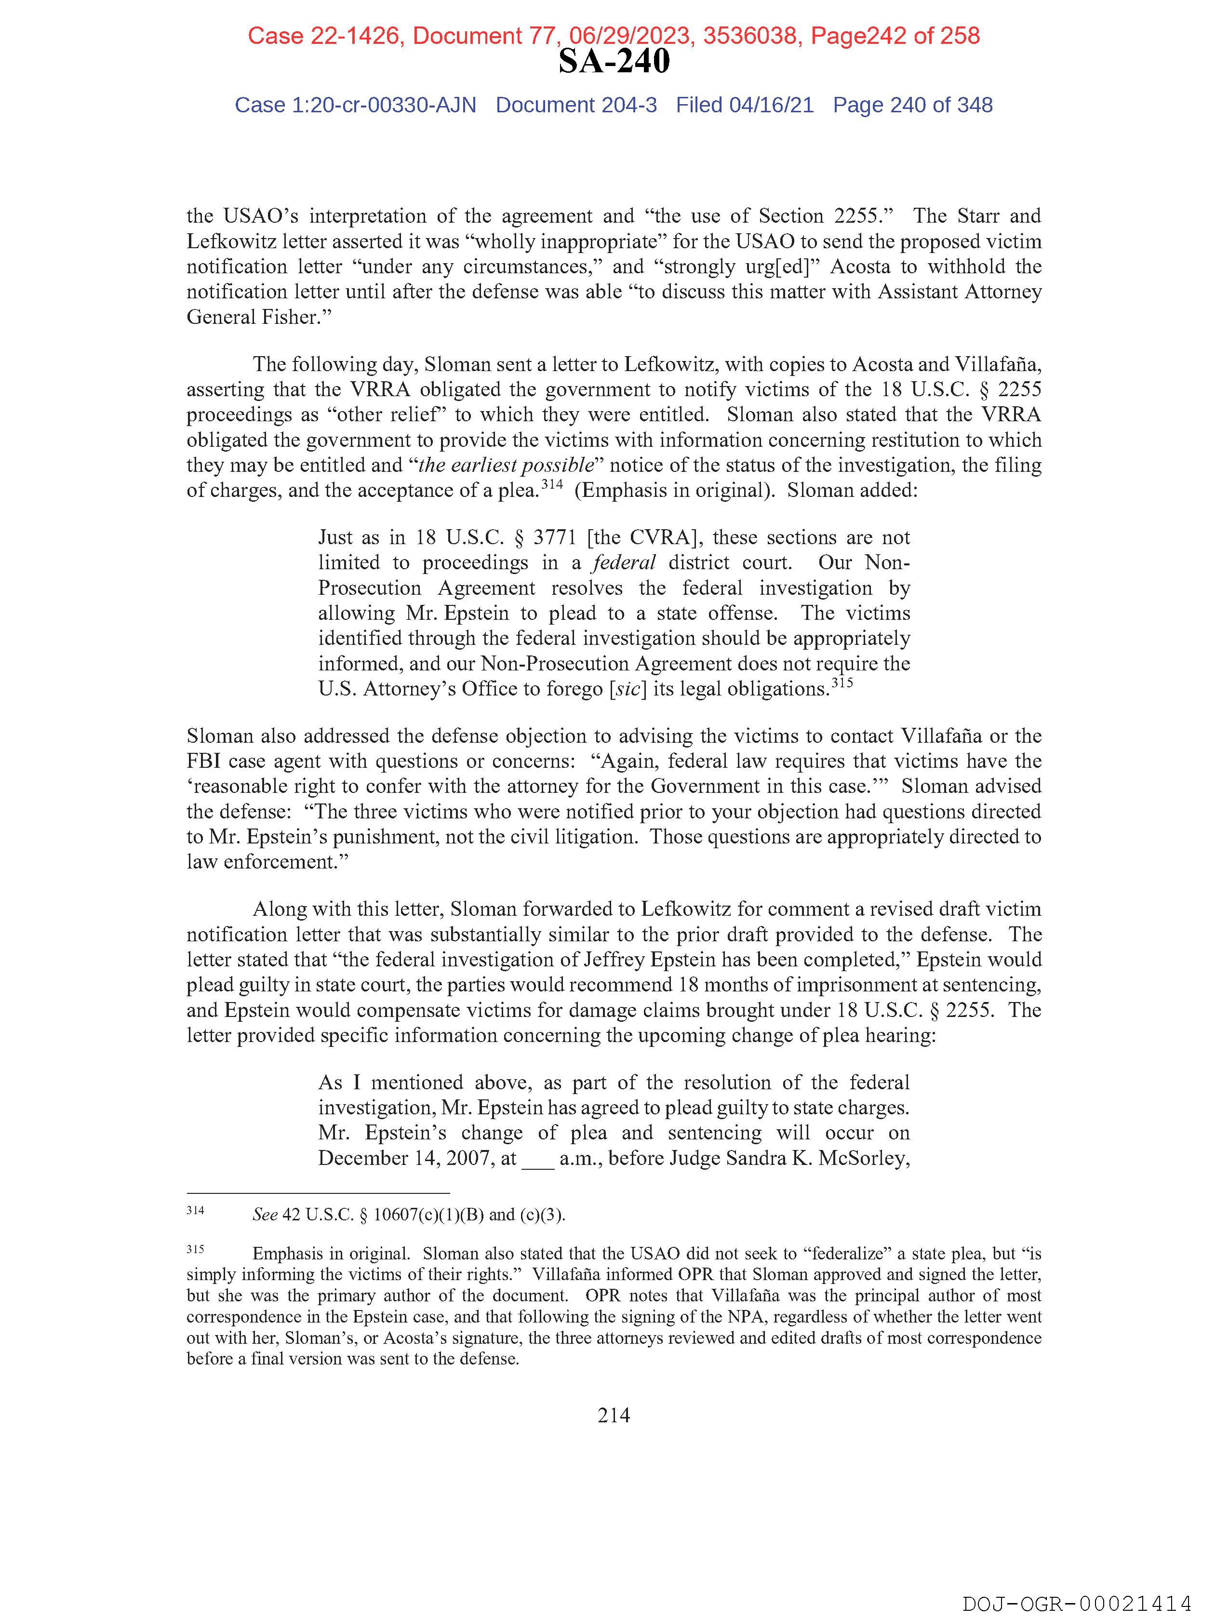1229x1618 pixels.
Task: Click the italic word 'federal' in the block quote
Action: (624, 562)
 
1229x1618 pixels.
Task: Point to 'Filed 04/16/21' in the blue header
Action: (744, 106)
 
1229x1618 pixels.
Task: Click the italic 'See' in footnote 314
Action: (265, 1215)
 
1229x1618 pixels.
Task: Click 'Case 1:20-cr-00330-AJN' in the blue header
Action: (356, 106)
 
